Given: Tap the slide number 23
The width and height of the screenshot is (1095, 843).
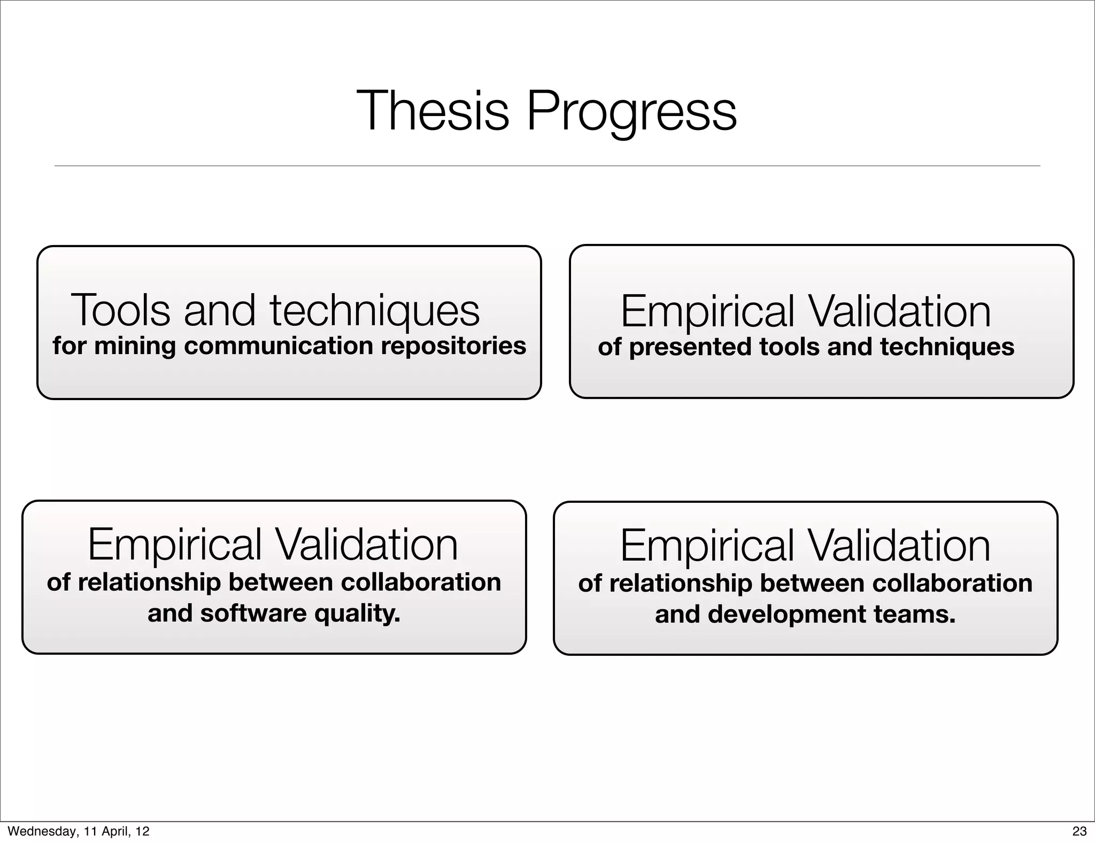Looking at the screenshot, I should [1079, 831].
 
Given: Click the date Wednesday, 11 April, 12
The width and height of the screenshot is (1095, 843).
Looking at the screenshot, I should [79, 831].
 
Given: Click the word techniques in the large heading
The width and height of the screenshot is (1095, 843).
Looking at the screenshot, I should [375, 311].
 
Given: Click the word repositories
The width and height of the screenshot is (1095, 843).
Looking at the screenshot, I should [453, 346].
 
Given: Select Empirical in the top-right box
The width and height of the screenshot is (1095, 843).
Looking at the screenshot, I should [707, 312].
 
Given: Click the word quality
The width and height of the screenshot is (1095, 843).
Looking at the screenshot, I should [357, 614].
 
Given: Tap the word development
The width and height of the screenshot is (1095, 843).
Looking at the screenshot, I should [786, 615].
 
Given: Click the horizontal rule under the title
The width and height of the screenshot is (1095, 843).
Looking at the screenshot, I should [547, 166].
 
